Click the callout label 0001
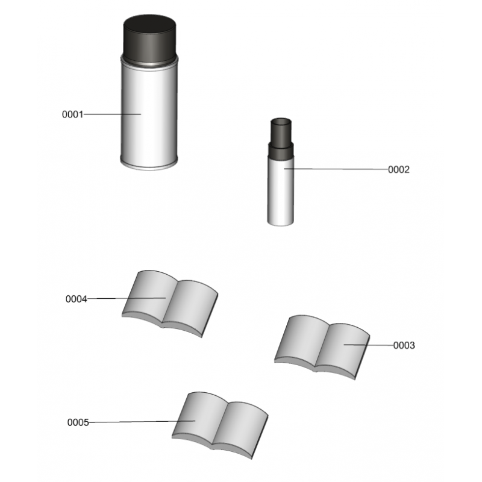(x=72, y=114)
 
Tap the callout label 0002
(x=399, y=169)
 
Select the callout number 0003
(x=404, y=345)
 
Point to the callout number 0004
(x=77, y=299)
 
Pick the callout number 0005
(x=78, y=422)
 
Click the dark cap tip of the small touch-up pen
(x=281, y=130)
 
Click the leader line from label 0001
(x=112, y=114)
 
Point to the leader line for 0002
(x=336, y=169)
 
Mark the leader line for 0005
(x=142, y=421)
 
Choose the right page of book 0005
(x=240, y=427)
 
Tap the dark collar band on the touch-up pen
(x=281, y=151)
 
